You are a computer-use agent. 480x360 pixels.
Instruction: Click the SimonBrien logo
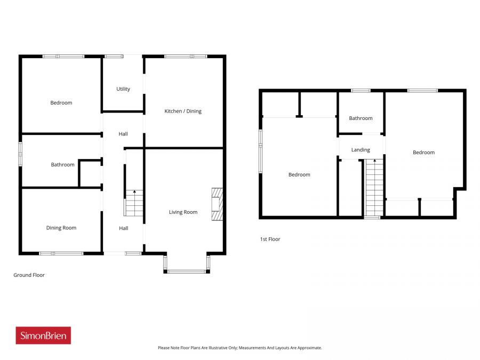43,335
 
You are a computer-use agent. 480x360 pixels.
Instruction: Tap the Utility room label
123,89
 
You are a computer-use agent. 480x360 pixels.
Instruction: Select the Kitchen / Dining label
183,111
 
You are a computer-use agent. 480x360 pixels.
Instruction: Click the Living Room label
183,212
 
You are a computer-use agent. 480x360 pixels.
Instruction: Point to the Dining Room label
61,228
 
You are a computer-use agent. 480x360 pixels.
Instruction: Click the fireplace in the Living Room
217,204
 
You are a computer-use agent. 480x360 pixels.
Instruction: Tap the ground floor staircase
134,203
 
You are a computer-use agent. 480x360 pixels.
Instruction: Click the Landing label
361,150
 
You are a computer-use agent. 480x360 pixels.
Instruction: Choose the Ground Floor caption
29,275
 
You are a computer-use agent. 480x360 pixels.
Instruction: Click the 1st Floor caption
270,239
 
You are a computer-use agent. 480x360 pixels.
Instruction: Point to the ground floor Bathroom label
62,165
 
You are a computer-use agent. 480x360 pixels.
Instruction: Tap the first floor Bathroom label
361,118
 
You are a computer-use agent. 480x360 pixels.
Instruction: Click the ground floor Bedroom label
61,102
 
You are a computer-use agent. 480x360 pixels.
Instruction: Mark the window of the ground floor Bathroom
21,154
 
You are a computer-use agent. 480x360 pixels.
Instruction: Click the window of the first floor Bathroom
361,91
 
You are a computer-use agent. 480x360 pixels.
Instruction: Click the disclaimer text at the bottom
239,348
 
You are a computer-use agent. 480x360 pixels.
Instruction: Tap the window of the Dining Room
61,253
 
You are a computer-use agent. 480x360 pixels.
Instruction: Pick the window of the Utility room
114,56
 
